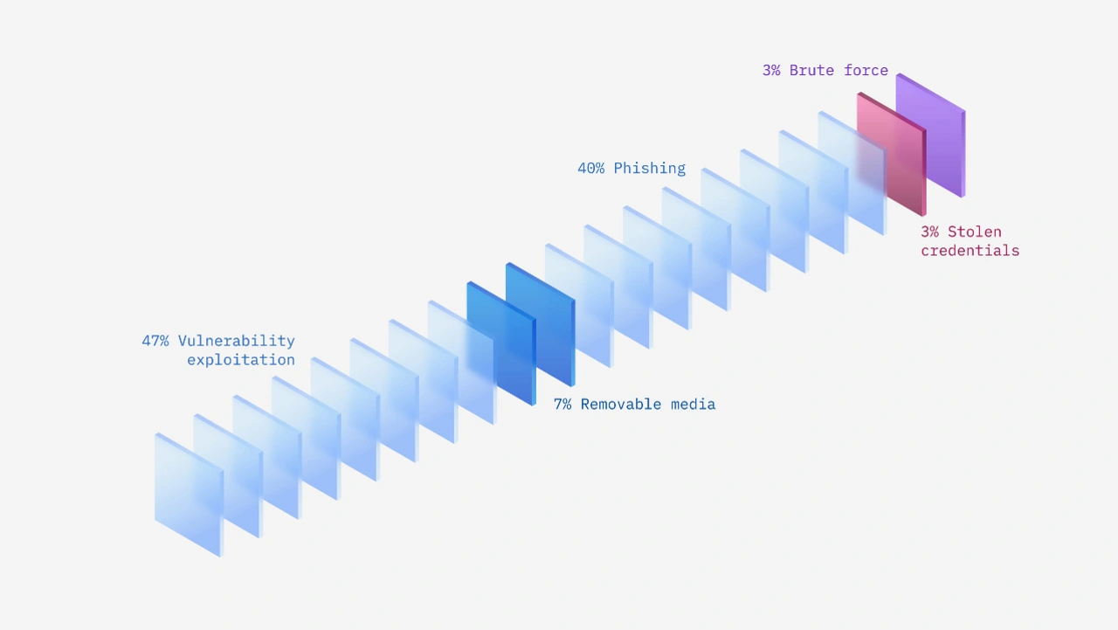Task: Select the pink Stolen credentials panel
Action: coord(891,156)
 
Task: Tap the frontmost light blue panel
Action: coord(189,495)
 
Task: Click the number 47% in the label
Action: coord(155,341)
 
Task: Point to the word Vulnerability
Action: coord(236,341)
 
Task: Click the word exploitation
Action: coord(240,360)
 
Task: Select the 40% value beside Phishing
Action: coord(590,169)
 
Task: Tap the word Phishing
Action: coord(649,169)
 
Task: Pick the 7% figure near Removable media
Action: coord(562,405)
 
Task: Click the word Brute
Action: coord(811,71)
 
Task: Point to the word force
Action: coord(866,71)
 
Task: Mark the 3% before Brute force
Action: coord(771,71)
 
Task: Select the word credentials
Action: coord(970,251)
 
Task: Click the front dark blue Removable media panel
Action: coord(500,343)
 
